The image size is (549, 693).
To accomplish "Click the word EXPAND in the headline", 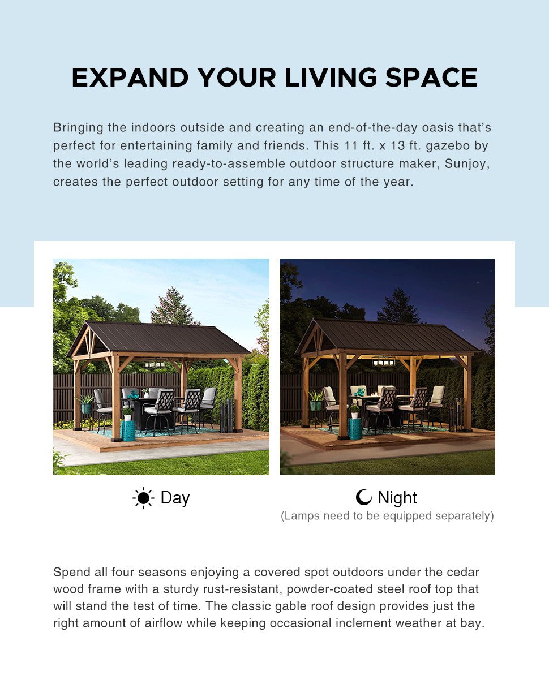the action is click(130, 78).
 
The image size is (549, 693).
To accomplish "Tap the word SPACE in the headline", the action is click(431, 78).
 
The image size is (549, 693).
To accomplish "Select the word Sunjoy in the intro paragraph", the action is click(467, 164).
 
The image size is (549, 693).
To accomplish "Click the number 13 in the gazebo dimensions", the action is click(397, 145).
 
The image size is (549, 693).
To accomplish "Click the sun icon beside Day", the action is click(143, 498).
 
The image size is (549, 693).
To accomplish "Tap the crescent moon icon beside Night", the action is click(364, 497).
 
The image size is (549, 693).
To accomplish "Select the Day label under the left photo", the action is click(175, 498).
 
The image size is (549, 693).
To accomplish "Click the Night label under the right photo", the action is click(397, 498).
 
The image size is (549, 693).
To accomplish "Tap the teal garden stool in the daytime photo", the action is click(128, 431).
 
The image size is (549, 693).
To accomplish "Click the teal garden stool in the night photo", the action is click(355, 429).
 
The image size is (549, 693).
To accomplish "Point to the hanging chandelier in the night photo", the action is click(383, 361).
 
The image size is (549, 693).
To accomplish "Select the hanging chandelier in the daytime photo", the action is click(156, 364).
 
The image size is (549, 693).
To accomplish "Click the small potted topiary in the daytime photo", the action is click(127, 414).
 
